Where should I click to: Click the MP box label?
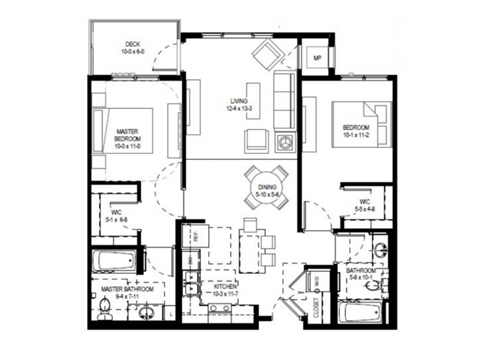317,58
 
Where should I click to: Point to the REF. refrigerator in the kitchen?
195,238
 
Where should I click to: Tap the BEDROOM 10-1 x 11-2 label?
356,130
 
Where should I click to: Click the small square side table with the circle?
286,142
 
